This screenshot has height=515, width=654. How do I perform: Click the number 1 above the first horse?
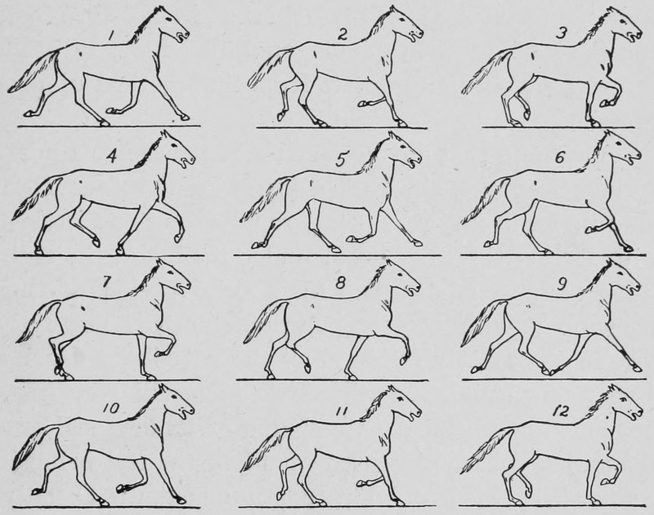[110, 36]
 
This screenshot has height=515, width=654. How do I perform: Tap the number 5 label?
[342, 160]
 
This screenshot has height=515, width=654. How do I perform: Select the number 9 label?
[562, 284]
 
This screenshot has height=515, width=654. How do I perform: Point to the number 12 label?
[560, 412]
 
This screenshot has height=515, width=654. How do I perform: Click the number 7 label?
[106, 282]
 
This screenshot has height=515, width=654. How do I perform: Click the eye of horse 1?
[168, 20]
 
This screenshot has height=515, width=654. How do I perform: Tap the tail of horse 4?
[38, 197]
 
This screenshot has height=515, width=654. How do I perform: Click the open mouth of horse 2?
[415, 36]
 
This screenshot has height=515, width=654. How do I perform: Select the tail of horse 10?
[34, 446]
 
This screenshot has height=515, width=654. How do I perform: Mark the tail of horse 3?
[486, 72]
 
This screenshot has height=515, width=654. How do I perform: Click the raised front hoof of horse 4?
[178, 237]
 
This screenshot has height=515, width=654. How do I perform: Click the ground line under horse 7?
[107, 380]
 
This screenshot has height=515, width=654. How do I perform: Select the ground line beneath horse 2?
[341, 127]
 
